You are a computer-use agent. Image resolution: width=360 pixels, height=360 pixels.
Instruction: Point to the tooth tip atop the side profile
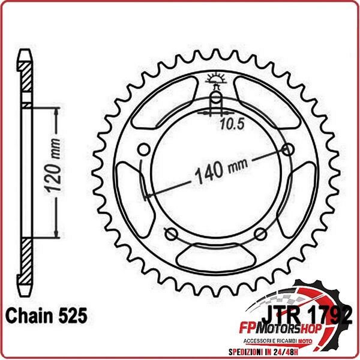click(x=24, y=51)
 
